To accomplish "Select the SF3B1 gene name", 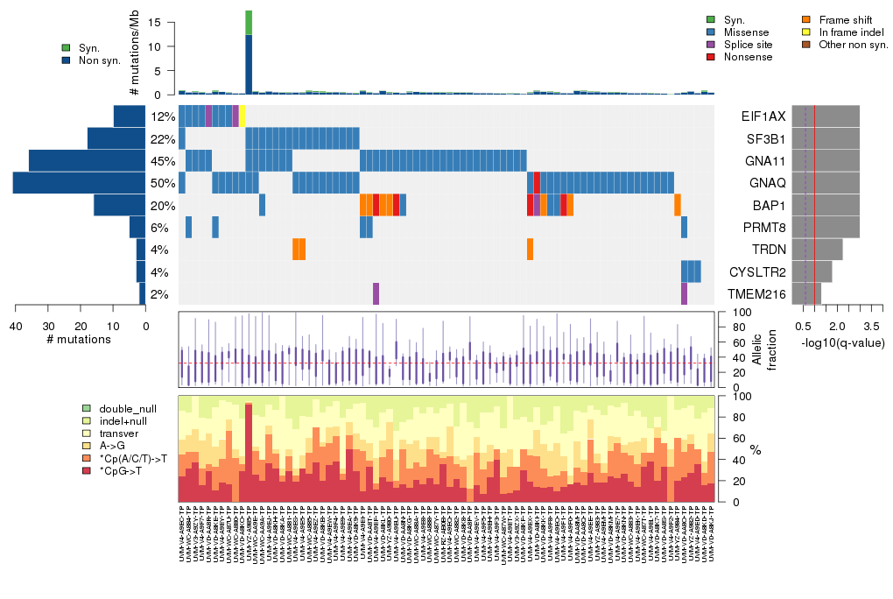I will tap(763, 138).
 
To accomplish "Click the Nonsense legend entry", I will tap(741, 57).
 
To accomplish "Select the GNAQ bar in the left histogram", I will tap(80, 183).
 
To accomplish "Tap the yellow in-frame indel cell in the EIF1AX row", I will tap(242, 116).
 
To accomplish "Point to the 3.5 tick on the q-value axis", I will tap(877, 325).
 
